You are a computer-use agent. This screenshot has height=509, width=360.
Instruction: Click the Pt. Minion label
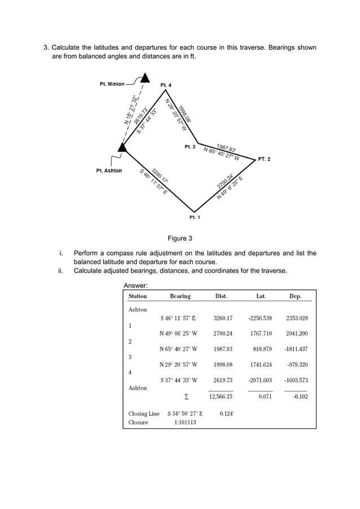click(x=112, y=84)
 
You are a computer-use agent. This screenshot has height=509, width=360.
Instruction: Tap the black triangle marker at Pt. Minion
click(x=145, y=78)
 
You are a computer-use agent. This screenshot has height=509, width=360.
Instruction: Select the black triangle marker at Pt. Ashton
click(x=122, y=147)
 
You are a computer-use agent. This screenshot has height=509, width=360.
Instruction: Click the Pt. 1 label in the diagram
click(x=195, y=217)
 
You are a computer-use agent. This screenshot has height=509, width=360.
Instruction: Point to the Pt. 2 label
click(x=264, y=159)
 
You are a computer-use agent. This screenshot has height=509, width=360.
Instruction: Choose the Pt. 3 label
click(x=190, y=147)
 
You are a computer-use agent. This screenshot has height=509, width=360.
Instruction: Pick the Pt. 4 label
click(x=166, y=85)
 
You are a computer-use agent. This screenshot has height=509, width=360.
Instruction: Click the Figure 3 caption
click(x=180, y=238)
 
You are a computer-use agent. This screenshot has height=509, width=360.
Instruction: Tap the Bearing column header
click(x=180, y=296)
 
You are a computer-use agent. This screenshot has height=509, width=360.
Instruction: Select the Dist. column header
click(x=221, y=296)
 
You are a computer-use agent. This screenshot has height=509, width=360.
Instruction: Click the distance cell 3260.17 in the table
click(x=223, y=318)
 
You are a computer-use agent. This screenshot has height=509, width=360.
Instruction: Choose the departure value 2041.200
click(x=296, y=334)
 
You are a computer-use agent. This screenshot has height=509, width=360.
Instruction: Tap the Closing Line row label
click(x=144, y=414)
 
